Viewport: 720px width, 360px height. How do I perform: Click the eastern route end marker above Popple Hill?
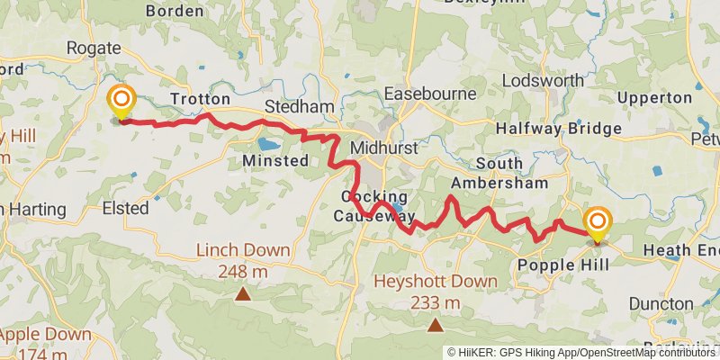tap(597, 221)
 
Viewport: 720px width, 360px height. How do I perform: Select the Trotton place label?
tap(200, 99)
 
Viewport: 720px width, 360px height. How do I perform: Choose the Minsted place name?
tap(275, 161)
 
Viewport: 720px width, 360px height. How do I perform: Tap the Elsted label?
tap(125, 208)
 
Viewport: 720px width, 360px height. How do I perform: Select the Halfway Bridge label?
tap(559, 129)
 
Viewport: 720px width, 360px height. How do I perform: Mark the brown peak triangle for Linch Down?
tap(243, 293)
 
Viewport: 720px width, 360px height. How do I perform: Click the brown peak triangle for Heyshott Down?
tap(436, 325)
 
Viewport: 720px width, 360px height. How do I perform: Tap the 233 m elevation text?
tap(435, 302)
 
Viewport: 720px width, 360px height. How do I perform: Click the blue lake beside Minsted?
tap(269, 142)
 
